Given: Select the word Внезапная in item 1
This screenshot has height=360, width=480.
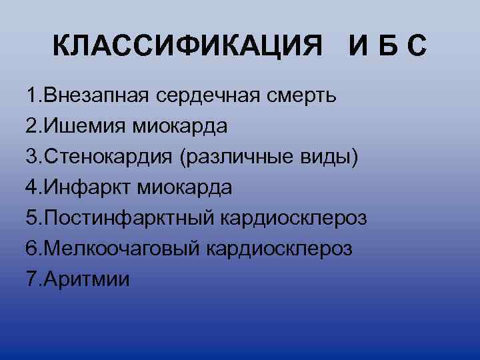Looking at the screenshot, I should tap(97, 95).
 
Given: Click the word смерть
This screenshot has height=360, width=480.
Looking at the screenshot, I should tap(299, 95).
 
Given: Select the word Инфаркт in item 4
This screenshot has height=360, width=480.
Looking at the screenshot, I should tap(89, 187).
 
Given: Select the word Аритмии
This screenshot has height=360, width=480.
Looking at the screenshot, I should tap(87, 279).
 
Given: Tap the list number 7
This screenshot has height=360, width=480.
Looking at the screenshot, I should tap(31, 279).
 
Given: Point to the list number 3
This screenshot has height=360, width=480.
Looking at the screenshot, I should tap(31, 156).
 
